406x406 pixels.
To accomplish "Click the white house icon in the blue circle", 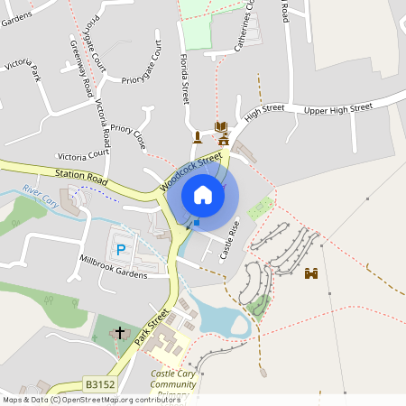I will [203, 194].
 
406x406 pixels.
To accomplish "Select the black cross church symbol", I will [120, 334].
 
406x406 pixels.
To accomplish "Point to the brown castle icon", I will [312, 273].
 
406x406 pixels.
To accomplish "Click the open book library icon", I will [221, 126].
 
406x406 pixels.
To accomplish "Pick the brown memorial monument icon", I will [198, 137].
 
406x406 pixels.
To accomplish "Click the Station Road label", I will [80, 172].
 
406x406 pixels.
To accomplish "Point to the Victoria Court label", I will [83, 154].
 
